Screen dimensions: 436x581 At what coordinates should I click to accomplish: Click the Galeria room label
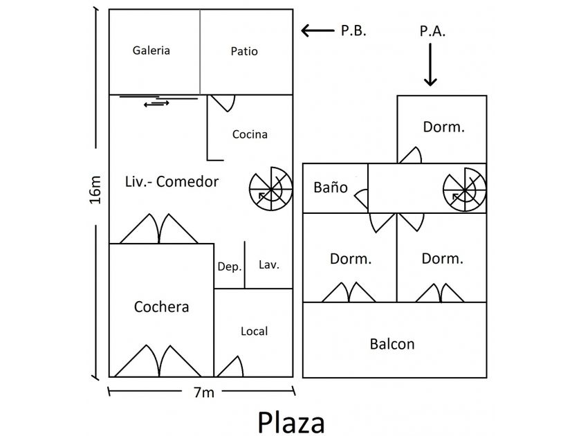point(151,51)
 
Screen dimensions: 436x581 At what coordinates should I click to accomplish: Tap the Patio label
point(244,51)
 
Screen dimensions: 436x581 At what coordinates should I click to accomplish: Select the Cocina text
point(250,134)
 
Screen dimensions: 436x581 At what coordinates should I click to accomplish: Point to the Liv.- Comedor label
point(172,182)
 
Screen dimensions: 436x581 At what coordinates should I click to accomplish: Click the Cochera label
point(161,307)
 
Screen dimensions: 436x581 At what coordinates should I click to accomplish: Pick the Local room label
point(254,331)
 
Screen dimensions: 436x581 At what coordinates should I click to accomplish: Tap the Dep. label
point(229,266)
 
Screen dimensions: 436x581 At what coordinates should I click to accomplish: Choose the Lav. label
point(269,265)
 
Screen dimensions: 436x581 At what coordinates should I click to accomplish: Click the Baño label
point(331,188)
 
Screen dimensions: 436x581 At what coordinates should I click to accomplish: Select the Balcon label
point(392,343)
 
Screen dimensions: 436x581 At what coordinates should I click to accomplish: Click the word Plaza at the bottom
point(290,421)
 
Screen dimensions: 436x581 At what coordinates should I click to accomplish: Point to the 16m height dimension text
point(96,190)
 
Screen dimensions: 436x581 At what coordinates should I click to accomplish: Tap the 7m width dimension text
point(203,393)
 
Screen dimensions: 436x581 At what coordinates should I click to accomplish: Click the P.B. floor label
point(353,30)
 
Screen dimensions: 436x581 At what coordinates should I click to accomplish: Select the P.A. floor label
point(432,31)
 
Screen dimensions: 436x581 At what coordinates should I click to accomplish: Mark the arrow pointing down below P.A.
point(430,66)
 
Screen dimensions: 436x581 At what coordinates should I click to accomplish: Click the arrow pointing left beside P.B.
point(317,30)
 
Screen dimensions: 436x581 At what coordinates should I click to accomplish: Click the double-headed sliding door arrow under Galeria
point(156,105)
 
